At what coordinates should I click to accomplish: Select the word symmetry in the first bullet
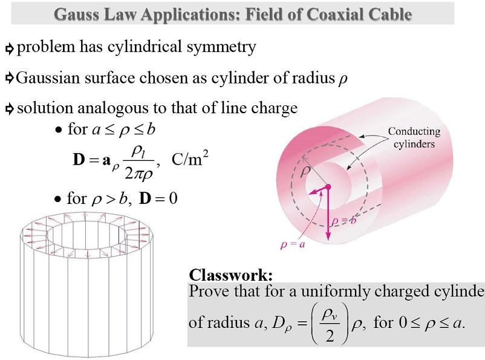(221, 47)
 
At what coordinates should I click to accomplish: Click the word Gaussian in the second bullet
(49, 77)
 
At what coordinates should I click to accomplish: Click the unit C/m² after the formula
(190, 159)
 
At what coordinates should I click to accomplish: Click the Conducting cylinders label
(414, 137)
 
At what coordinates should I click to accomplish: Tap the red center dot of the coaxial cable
(328, 187)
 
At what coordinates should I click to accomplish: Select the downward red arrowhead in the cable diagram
(328, 236)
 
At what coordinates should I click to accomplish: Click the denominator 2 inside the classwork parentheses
(329, 335)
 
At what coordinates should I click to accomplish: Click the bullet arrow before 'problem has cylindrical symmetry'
(9, 48)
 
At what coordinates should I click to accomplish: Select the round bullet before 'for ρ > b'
(58, 199)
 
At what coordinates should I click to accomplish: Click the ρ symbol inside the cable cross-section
(306, 172)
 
